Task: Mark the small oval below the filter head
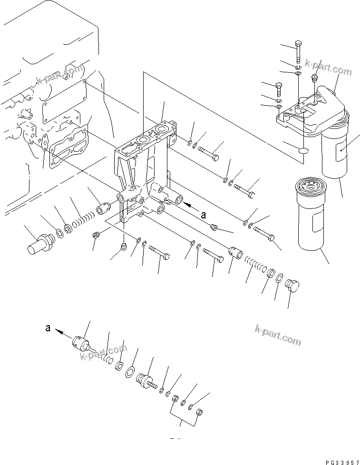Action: click(x=303, y=151)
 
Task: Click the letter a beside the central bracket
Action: click(x=204, y=215)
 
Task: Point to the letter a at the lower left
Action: click(x=48, y=327)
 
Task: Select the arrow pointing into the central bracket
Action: click(x=191, y=206)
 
